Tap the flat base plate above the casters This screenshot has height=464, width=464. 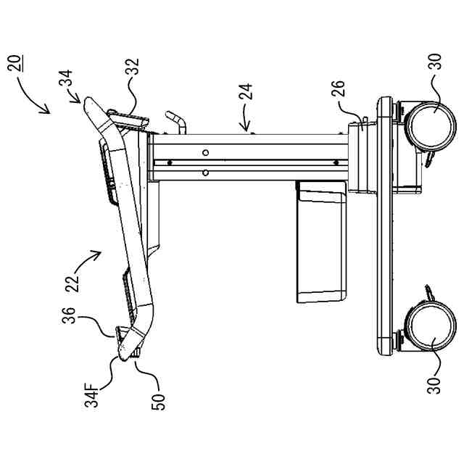[x=384, y=225]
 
